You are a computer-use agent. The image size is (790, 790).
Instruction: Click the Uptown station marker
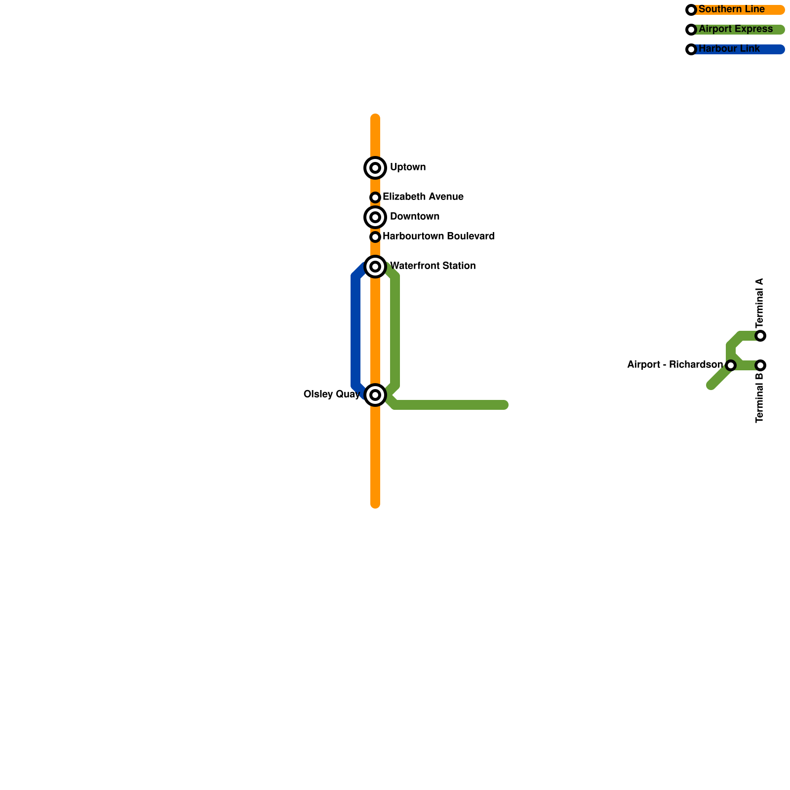click(375, 168)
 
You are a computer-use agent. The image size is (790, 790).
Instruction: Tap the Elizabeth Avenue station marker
click(375, 197)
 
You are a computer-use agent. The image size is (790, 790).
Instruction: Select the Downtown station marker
click(375, 217)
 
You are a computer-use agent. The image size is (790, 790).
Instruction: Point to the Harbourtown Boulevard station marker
click(375, 237)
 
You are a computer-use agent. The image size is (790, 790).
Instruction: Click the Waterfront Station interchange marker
click(375, 267)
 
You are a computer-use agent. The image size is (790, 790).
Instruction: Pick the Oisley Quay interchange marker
click(375, 395)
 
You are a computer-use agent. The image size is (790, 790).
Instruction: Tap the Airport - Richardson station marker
click(731, 365)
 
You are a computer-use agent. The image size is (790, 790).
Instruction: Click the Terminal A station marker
click(760, 336)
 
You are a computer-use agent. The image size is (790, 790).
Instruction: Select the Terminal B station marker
click(760, 365)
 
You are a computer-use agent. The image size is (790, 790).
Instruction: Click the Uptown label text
click(408, 167)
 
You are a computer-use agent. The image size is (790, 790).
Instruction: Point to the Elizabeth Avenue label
click(423, 197)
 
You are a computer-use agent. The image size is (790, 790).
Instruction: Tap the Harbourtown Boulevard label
click(438, 237)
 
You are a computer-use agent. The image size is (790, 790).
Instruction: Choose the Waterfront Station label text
click(433, 266)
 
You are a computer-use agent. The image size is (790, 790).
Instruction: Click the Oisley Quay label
click(332, 395)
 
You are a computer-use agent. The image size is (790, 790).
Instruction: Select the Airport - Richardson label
click(675, 365)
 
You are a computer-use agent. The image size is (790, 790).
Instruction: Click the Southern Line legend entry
click(732, 9)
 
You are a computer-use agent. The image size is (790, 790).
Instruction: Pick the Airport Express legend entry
click(736, 29)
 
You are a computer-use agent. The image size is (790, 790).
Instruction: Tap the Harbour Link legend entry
click(729, 49)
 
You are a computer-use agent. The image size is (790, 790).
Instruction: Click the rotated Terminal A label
click(760, 302)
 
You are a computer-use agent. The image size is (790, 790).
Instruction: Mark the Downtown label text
click(415, 217)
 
